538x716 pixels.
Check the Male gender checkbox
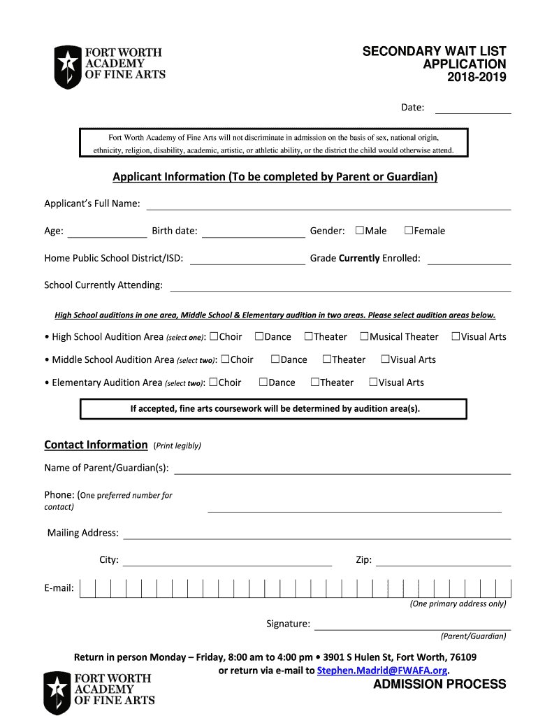360,231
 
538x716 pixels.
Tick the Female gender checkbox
409,231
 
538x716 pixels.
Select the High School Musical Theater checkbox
364,336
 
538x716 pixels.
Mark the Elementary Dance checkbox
263,382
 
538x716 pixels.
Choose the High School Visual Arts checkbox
456,336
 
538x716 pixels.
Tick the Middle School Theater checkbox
327,359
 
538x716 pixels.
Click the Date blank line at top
473,108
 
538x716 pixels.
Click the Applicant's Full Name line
328,205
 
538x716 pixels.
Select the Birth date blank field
253,232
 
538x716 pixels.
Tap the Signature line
412,624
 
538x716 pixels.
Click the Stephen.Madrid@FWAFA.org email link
381,671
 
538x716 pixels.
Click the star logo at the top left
68,66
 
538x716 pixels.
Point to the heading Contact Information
96,445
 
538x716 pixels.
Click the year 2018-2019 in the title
477,77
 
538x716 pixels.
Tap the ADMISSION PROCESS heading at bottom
439,685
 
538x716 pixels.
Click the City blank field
227,561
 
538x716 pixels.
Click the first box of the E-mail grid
87,589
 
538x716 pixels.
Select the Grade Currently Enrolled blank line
469,259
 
